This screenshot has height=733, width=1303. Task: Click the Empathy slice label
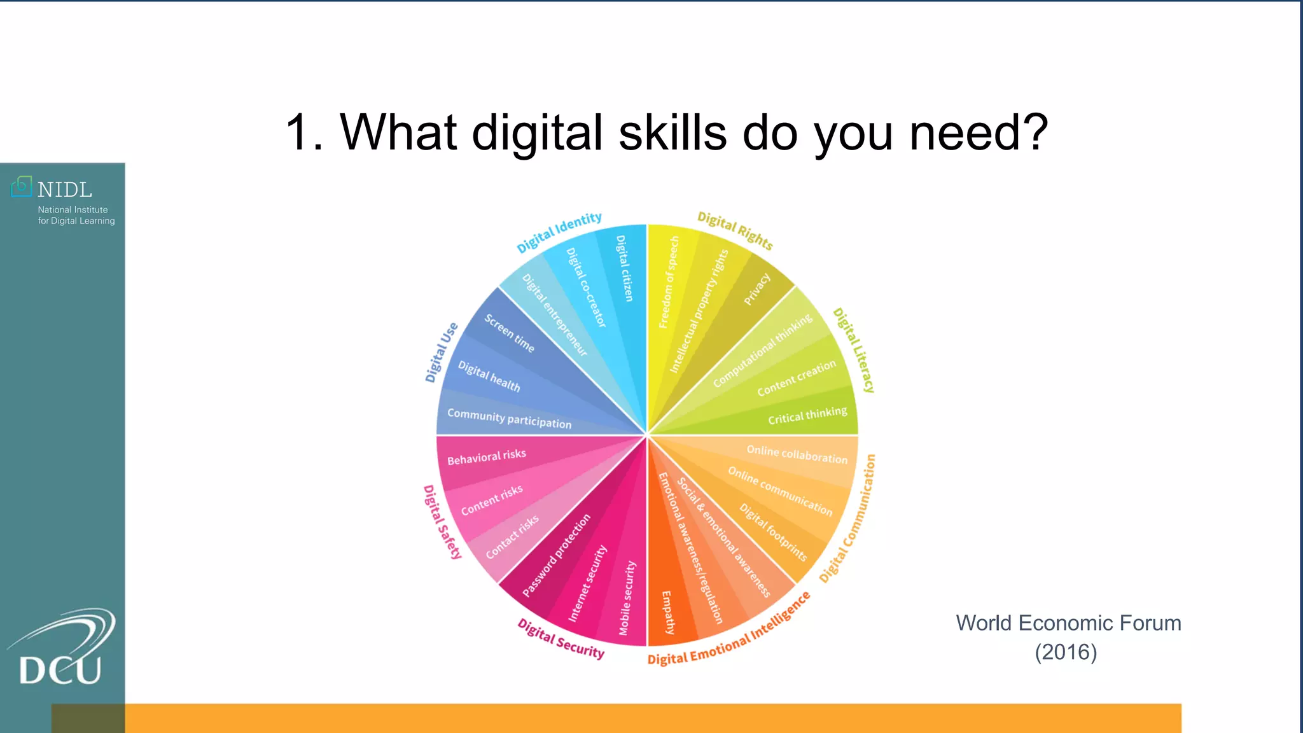tap(667, 612)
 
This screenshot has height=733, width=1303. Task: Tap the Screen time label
tap(509, 333)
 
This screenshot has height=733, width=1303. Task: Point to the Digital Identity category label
tap(559, 232)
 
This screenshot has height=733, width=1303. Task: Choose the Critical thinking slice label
tap(807, 415)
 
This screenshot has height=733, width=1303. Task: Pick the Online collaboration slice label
tap(797, 454)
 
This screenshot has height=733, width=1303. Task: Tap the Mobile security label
tap(627, 597)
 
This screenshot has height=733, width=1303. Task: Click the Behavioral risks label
tap(487, 457)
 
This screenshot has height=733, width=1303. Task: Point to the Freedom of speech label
tap(669, 282)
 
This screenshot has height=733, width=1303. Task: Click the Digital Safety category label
tap(442, 522)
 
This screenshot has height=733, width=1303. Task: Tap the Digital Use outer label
tap(441, 352)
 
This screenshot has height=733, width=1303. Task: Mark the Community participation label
tap(509, 418)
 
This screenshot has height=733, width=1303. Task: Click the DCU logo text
tap(60, 669)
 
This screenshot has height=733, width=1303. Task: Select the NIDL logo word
tap(64, 190)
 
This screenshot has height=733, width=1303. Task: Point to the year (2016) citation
tap(1066, 652)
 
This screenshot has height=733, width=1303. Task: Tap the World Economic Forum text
tap(1068, 623)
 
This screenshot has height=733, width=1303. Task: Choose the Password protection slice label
tap(556, 555)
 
